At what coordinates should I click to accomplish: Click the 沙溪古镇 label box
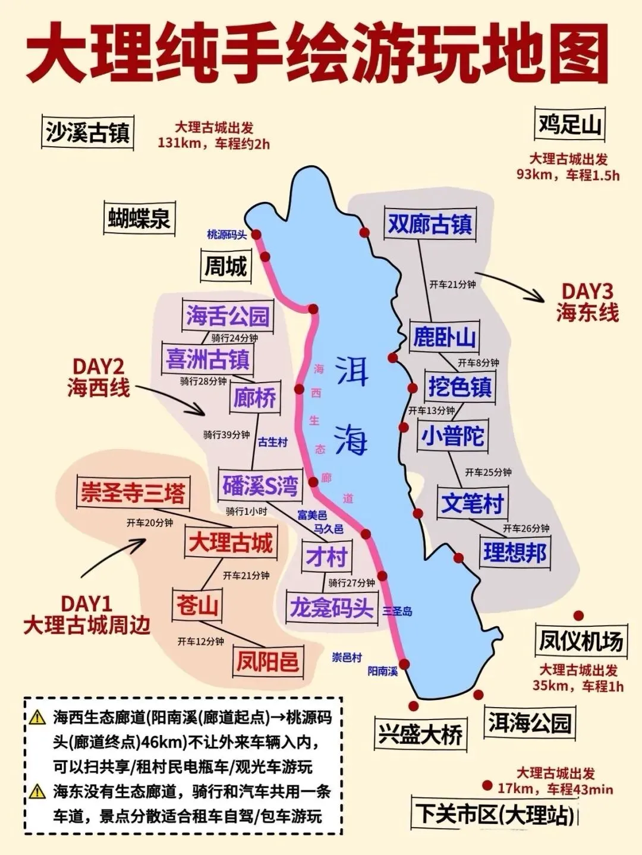coord(88,132)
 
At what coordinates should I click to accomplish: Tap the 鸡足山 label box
coord(569,125)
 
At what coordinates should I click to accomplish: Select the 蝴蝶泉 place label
coord(139,218)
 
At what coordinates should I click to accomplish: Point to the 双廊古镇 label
coord(430,224)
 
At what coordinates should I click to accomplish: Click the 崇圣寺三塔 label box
coord(133,493)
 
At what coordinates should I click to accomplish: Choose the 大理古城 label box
coord(231,542)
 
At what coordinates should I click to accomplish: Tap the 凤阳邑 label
coord(267,661)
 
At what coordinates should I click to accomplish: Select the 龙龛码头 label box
coord(331,607)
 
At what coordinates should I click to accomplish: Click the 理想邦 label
coord(514,553)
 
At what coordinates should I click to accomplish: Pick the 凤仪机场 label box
coord(580,641)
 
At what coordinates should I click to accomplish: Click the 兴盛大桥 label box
coord(420,735)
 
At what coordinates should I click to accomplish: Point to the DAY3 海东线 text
coord(587,302)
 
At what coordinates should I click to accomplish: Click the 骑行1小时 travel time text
coord(246,511)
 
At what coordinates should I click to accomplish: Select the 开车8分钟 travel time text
coord(478,362)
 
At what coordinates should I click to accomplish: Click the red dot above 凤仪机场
coord(577,616)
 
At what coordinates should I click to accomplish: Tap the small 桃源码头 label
coord(226,235)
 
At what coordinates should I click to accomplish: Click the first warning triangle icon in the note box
coord(37,717)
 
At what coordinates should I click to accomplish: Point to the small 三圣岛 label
coord(397,611)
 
